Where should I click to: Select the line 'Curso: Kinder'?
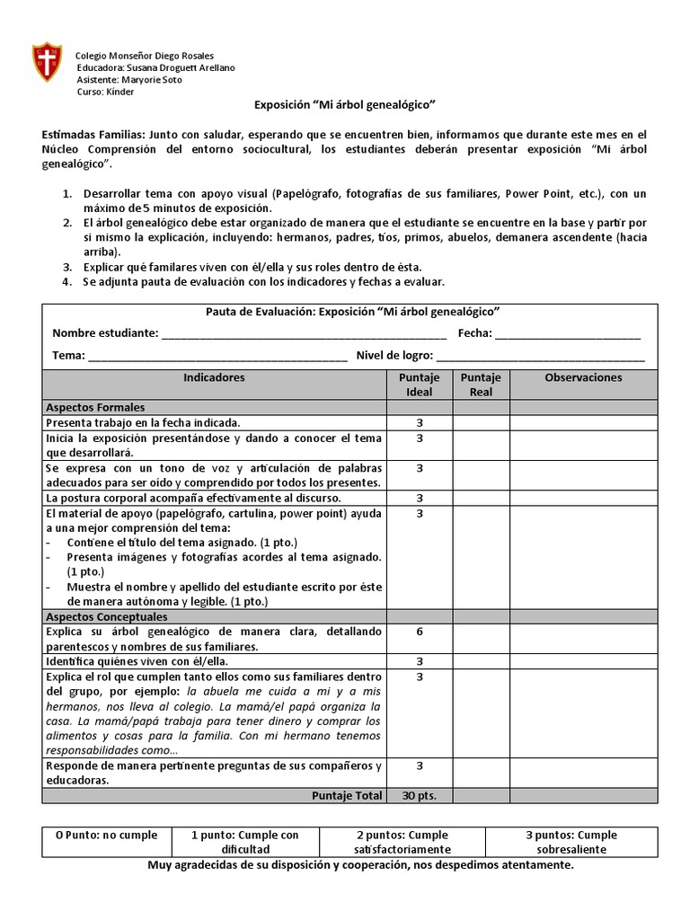pos(104,92)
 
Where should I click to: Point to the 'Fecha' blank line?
pos(568,333)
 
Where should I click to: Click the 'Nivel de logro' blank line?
pos(541,356)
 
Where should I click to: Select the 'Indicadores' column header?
pos(214,378)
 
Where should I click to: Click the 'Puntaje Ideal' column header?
pos(420,385)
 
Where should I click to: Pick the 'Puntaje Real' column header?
pos(481,385)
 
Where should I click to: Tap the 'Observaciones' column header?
pos(583,378)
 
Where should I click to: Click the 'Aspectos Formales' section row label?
pos(95,408)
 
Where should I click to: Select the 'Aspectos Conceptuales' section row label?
pos(107,617)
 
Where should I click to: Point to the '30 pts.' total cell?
pos(420,795)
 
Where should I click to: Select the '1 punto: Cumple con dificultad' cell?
pos(245,842)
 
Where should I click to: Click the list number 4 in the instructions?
pos(66,282)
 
